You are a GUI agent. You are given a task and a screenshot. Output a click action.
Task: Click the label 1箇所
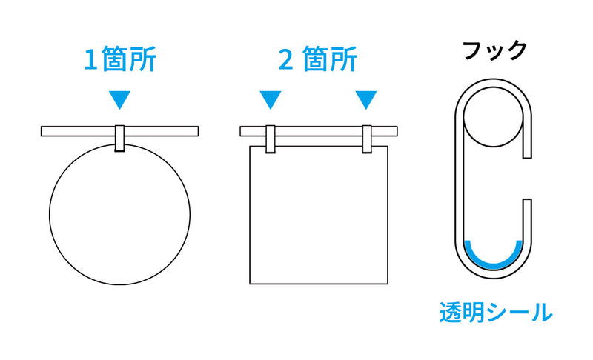(x=119, y=60)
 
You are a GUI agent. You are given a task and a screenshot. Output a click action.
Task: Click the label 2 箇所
(x=317, y=60)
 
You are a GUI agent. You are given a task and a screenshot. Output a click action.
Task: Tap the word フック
(x=494, y=50)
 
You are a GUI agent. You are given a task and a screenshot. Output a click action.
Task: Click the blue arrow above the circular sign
(x=119, y=99)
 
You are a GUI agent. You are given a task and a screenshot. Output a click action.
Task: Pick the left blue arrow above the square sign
(x=271, y=99)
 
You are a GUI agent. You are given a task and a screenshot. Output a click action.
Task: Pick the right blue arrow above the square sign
(x=366, y=99)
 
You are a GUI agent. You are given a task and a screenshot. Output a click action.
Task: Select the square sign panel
(x=319, y=215)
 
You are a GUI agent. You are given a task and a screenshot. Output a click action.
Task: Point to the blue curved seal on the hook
(x=494, y=258)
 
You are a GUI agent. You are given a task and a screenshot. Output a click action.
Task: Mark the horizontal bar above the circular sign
(x=74, y=131)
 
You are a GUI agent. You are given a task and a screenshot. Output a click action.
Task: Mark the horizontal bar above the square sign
(x=319, y=131)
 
